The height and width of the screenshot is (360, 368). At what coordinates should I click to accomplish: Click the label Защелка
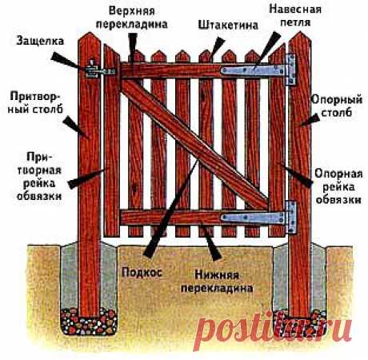(x=40, y=42)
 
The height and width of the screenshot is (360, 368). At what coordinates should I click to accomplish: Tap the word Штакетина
(x=228, y=25)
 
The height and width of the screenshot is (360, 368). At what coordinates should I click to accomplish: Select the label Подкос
(x=142, y=273)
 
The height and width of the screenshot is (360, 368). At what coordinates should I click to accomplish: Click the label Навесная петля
(x=295, y=15)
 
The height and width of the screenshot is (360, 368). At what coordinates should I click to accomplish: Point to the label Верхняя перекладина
(x=132, y=18)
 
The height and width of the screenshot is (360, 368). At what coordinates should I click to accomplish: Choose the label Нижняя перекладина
(x=217, y=282)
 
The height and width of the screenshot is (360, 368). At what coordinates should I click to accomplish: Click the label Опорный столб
(x=337, y=106)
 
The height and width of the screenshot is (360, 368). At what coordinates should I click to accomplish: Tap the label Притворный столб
(x=35, y=102)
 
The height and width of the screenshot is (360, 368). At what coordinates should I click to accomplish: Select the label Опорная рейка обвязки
(x=338, y=186)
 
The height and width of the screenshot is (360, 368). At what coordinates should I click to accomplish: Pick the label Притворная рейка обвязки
(x=39, y=177)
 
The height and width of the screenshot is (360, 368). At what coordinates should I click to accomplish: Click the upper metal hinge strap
(x=253, y=70)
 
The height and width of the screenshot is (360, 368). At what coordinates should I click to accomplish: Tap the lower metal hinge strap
(x=253, y=218)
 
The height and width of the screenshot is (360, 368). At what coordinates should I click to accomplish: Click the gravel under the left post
(x=89, y=322)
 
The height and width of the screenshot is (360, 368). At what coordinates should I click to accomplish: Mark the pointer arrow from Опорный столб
(x=310, y=120)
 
